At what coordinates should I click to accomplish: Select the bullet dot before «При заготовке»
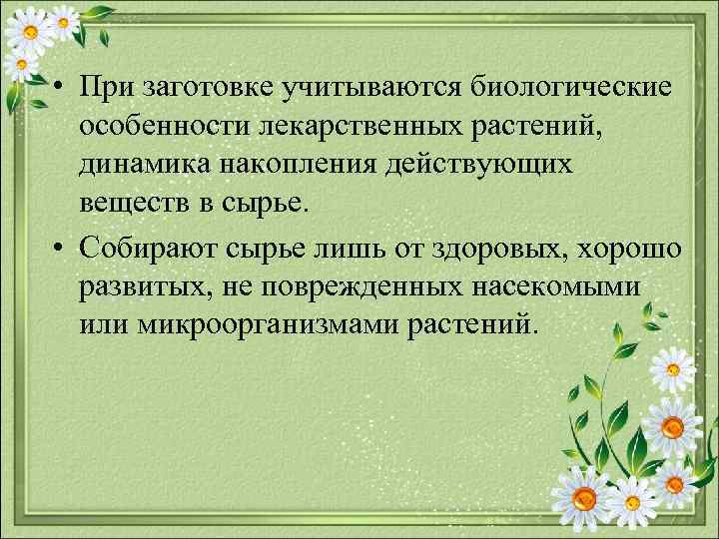point(61,90)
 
